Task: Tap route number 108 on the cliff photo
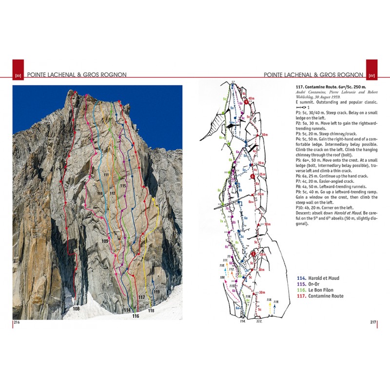click(76, 309)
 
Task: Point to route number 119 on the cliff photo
click(156, 292)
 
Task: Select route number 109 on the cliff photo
click(105, 241)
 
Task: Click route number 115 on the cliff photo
click(122, 186)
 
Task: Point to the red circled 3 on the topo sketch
click(253, 254)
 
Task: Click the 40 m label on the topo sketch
click(252, 98)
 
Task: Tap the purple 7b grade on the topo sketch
click(227, 209)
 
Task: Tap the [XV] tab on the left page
click(18, 75)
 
